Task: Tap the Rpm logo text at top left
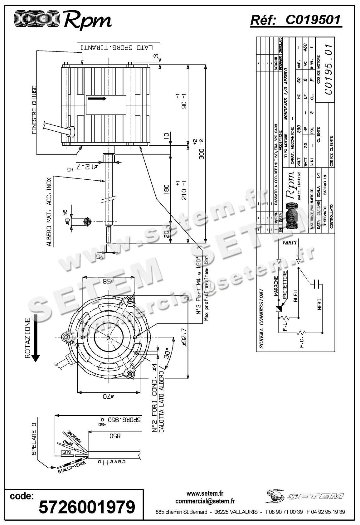coord(87,20)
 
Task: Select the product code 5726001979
coord(87,507)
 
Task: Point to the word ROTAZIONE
coord(27,338)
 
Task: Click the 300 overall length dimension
coord(202,149)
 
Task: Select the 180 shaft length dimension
coord(166,188)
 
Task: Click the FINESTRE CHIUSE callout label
coord(34,110)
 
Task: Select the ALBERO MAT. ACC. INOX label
coord(49,212)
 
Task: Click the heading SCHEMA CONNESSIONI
coord(261,318)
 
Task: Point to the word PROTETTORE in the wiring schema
coord(285,285)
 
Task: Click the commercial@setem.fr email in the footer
coord(205,501)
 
